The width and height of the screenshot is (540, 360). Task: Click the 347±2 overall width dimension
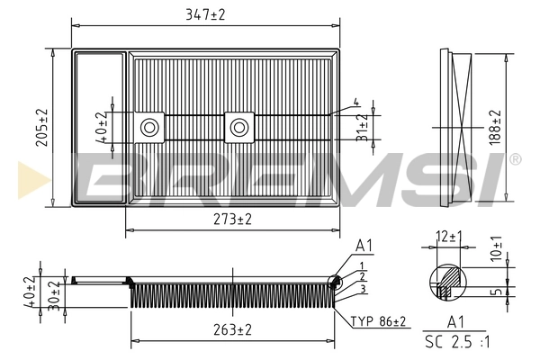click(206, 14)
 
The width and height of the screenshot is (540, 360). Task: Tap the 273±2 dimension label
click(232, 219)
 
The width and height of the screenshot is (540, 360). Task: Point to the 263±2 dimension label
click(232, 330)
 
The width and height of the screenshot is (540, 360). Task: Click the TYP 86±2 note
click(378, 320)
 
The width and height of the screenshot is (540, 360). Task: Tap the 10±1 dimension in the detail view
click(498, 250)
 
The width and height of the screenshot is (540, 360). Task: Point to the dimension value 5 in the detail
click(498, 291)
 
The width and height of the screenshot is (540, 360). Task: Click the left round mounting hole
click(150, 127)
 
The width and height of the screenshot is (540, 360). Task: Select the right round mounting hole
click(238, 127)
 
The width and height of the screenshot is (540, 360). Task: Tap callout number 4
click(355, 102)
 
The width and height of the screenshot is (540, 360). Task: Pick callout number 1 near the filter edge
click(360, 265)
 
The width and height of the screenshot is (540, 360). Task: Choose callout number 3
click(360, 288)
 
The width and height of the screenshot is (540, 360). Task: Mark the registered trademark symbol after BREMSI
click(515, 159)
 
